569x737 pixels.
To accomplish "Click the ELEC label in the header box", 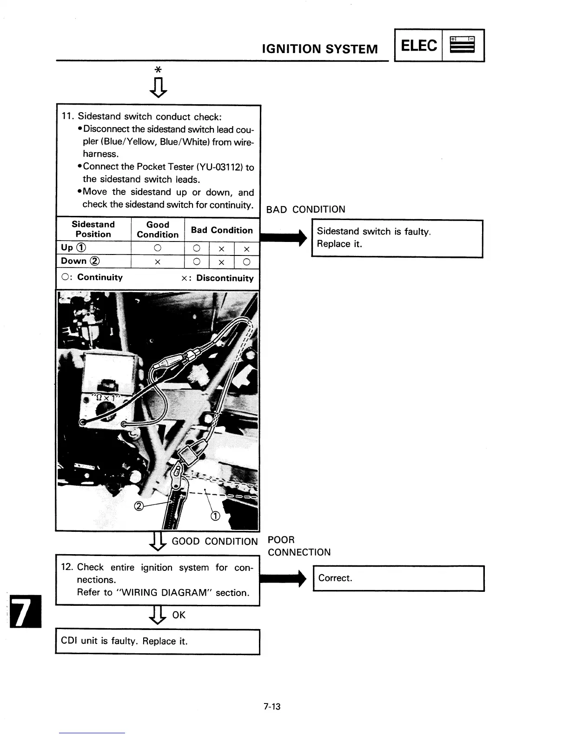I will point(418,46).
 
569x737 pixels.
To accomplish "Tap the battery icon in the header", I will point(463,45).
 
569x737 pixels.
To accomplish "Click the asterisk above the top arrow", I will point(158,70).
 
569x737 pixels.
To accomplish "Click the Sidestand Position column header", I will point(93,229).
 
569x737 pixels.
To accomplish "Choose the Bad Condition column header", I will point(222,230).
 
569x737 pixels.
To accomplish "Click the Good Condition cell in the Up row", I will point(158,248).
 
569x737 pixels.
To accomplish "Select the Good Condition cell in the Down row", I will point(158,262).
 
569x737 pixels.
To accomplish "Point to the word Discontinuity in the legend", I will point(225,278).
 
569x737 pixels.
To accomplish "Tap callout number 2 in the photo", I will point(138,506).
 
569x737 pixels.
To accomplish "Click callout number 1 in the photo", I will point(215,516).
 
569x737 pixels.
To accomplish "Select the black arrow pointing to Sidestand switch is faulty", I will point(284,237).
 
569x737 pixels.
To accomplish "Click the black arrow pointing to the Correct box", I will point(284,579).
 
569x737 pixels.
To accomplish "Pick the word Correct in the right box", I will point(335,578).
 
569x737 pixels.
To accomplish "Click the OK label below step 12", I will point(179,615).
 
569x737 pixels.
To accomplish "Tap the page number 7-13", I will point(272,707).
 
